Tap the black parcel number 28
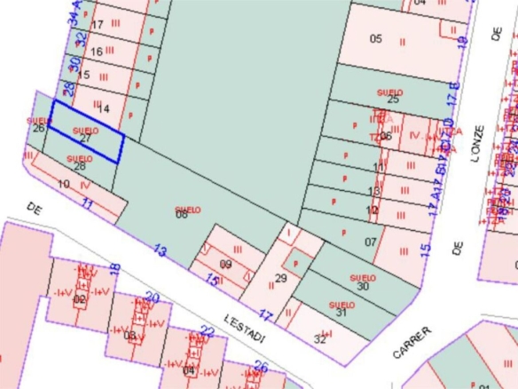click(80, 166)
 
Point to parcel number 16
click(97, 52)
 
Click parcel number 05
click(375, 39)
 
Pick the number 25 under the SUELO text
click(393, 99)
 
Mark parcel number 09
click(225, 265)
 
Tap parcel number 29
click(281, 279)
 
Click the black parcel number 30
click(362, 286)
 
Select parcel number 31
click(341, 312)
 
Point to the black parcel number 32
click(319, 337)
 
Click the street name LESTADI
click(242, 321)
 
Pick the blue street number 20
click(152, 298)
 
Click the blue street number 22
click(207, 332)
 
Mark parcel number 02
click(80, 300)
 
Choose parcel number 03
click(130, 336)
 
